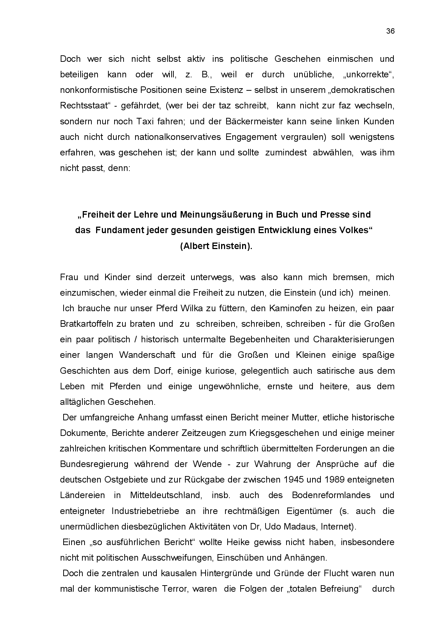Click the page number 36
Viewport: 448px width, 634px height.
390,31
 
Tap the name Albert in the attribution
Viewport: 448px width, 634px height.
197,246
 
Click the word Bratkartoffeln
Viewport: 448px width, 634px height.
89,324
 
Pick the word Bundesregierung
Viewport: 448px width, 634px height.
94,464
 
